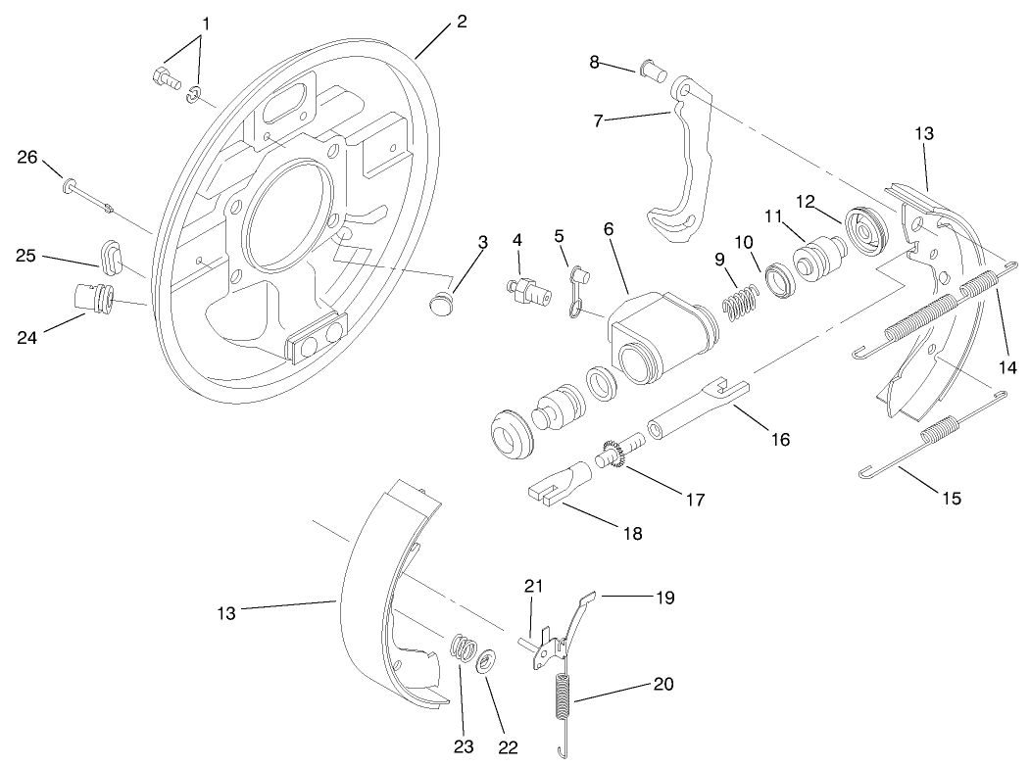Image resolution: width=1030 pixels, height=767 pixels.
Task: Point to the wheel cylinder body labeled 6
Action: [656, 332]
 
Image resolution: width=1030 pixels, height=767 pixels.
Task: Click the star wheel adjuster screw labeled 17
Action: [618, 455]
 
